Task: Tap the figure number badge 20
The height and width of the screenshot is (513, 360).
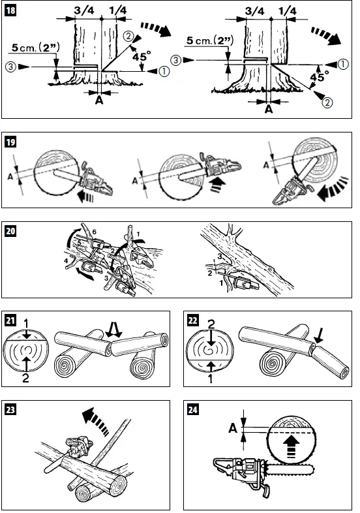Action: click(x=13, y=230)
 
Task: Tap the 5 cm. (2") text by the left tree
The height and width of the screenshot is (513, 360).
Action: click(x=37, y=47)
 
